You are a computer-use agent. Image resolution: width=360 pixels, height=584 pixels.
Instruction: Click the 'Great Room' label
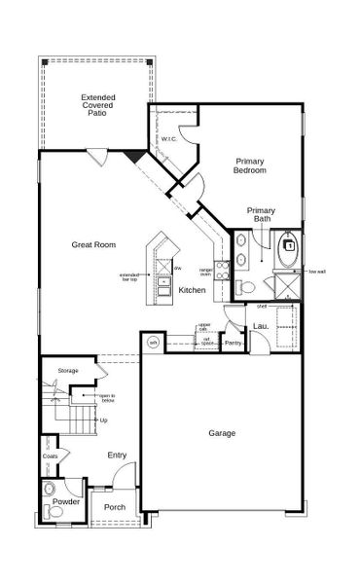click(x=94, y=245)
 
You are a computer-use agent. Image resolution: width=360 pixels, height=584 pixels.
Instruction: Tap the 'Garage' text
click(x=223, y=432)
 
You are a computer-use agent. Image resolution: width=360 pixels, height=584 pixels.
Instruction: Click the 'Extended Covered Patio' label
click(x=98, y=105)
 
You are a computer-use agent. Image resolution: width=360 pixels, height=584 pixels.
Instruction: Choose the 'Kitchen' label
click(x=191, y=290)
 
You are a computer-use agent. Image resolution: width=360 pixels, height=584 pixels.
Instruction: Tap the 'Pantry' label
click(x=233, y=343)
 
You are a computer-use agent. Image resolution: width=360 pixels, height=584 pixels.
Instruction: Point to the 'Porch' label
click(x=115, y=506)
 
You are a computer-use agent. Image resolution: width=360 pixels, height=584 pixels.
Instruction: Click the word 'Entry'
click(x=117, y=455)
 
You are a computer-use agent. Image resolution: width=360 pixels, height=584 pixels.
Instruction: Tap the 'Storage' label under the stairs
click(x=67, y=371)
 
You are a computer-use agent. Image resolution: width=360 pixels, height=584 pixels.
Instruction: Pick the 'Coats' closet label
click(x=50, y=456)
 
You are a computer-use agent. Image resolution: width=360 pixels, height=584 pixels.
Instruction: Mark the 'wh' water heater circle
click(x=153, y=343)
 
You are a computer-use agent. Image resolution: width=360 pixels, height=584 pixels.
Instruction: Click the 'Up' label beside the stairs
click(x=103, y=420)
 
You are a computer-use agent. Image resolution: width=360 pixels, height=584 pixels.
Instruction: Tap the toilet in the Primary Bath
click(x=246, y=287)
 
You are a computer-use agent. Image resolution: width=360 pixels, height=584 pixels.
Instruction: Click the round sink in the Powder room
click(x=51, y=489)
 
